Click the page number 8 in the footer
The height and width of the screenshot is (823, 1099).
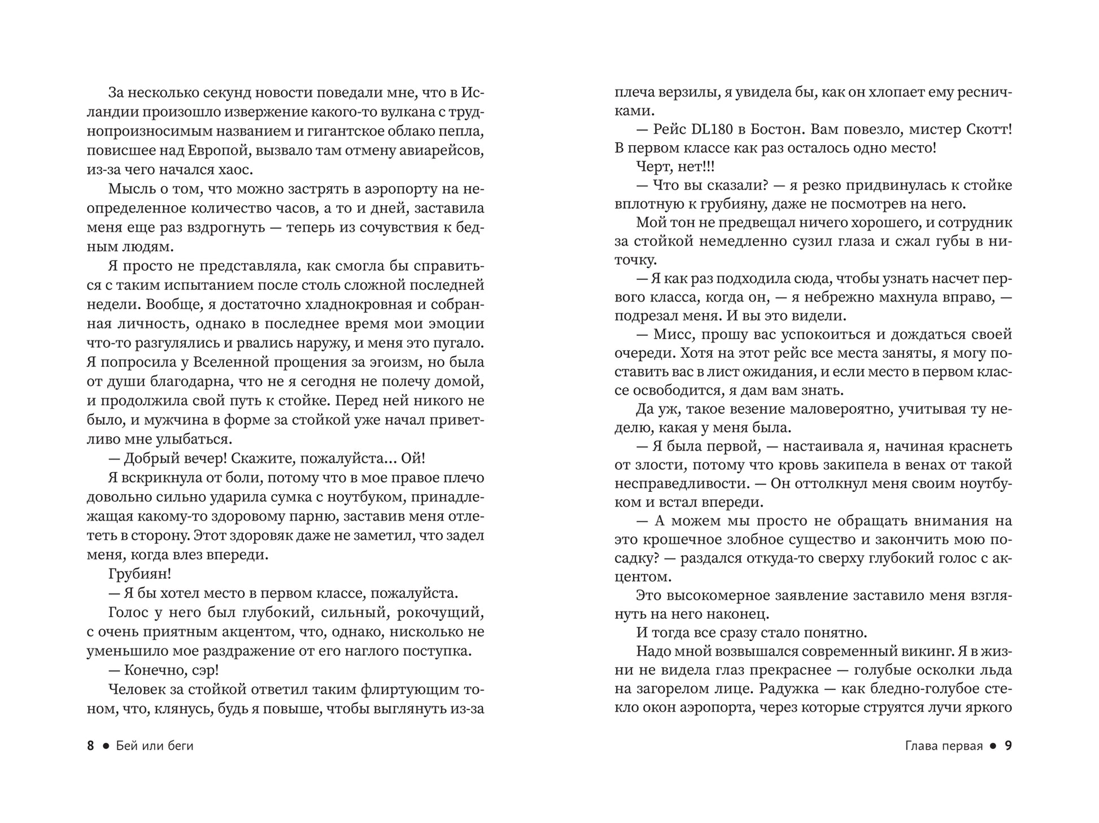click(91, 746)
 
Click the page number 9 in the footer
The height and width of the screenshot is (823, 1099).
click(1008, 746)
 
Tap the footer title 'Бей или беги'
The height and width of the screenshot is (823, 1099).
click(155, 746)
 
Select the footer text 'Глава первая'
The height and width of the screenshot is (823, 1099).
click(944, 746)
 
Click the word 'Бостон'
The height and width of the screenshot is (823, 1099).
click(778, 129)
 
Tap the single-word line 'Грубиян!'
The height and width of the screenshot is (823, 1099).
click(139, 574)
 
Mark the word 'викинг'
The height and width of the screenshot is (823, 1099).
click(928, 651)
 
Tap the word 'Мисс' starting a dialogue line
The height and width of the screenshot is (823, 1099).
click(672, 334)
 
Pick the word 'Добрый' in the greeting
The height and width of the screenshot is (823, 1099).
click(149, 458)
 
